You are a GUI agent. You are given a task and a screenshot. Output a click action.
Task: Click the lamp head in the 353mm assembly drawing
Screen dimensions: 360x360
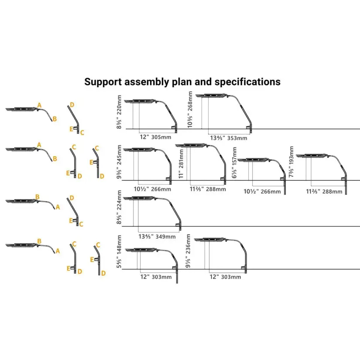point(216,96)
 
